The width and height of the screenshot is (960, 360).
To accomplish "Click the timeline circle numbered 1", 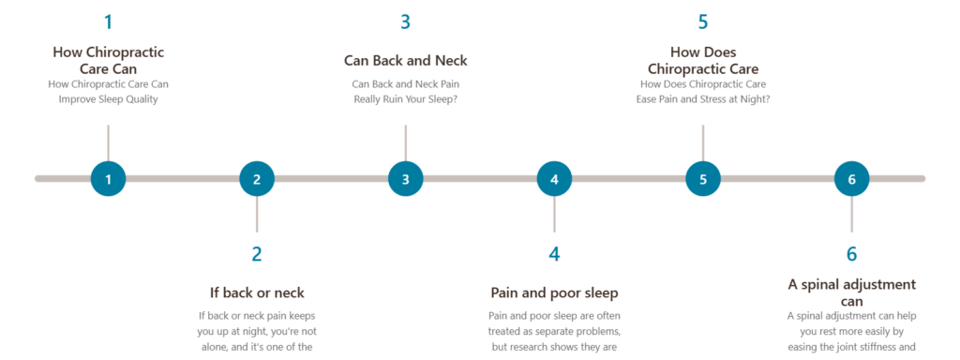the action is [109, 179].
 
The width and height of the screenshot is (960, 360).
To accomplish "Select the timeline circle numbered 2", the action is [257, 179].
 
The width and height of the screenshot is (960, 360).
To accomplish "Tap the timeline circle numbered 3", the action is [405, 179].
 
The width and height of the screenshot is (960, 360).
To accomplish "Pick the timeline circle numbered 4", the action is [554, 179].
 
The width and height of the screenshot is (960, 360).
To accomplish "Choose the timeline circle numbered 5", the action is [703, 179].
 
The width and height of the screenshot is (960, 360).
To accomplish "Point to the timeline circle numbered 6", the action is [851, 179].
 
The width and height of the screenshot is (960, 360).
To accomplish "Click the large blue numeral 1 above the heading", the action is [109, 22].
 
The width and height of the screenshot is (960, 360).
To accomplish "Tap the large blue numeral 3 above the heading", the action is [405, 22].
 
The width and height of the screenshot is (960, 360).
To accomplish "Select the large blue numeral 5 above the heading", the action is [703, 22].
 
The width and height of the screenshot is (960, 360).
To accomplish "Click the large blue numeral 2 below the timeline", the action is [257, 254].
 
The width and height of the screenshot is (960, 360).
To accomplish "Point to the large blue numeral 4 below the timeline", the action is [554, 254].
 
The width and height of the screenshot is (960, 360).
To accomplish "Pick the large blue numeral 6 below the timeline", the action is [851, 254].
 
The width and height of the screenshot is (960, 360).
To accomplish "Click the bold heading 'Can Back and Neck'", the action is [405, 61].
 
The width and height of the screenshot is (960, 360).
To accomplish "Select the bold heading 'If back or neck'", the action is [257, 292].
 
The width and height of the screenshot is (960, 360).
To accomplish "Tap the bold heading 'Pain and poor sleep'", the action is [554, 292].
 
